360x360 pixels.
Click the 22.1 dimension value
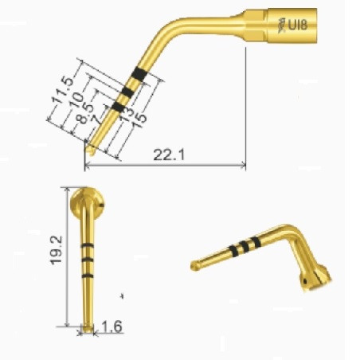coord(169,155)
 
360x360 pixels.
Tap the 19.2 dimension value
coord(57,250)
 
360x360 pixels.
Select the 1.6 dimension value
coord(112,327)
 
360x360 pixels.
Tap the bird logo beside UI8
coord(281,25)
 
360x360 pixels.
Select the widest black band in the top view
coord(139,73)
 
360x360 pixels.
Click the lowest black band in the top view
coord(119,106)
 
